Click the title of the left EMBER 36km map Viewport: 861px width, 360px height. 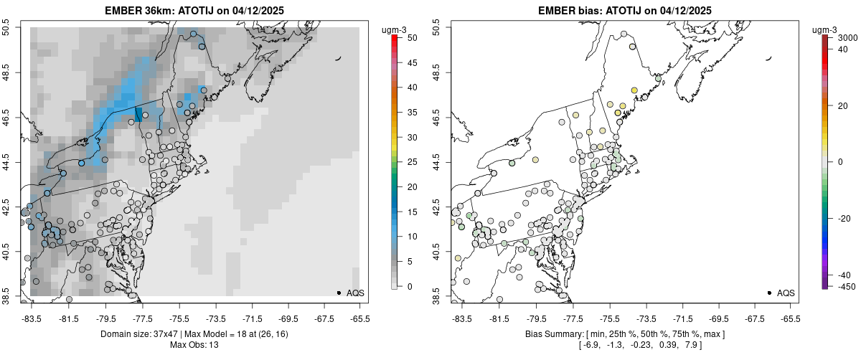pyautogui.click(x=194, y=10)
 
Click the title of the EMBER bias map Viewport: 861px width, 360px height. pyautogui.click(x=625, y=10)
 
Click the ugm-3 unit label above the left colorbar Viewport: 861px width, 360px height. pyautogui.click(x=394, y=29)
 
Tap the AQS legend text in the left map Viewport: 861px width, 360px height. pyautogui.click(x=357, y=293)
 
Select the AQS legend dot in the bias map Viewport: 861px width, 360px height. pyautogui.click(x=769, y=293)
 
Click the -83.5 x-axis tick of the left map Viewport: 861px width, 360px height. pyautogui.click(x=32, y=318)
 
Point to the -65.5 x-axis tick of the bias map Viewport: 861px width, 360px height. pyautogui.click(x=789, y=318)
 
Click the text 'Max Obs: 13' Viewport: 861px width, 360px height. pyautogui.click(x=194, y=345)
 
